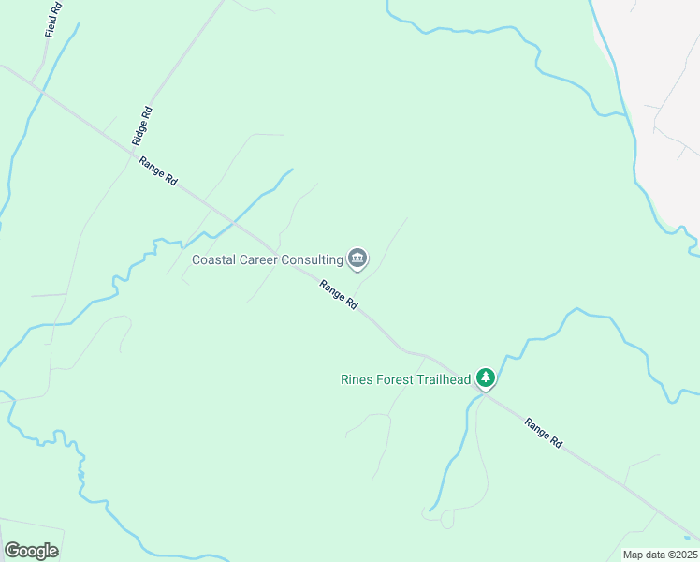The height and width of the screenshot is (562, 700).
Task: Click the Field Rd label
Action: [53, 20]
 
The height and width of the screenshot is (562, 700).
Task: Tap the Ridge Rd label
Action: [142, 125]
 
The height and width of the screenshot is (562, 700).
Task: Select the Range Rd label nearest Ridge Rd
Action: [158, 171]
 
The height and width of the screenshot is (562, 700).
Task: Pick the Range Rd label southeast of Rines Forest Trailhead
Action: [544, 434]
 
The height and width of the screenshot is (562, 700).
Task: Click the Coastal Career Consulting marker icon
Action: [357, 258]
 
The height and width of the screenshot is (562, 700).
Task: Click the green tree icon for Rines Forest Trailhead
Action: [485, 377]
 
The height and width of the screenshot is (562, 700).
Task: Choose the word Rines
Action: [356, 379]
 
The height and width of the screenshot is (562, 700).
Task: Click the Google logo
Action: [32, 551]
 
